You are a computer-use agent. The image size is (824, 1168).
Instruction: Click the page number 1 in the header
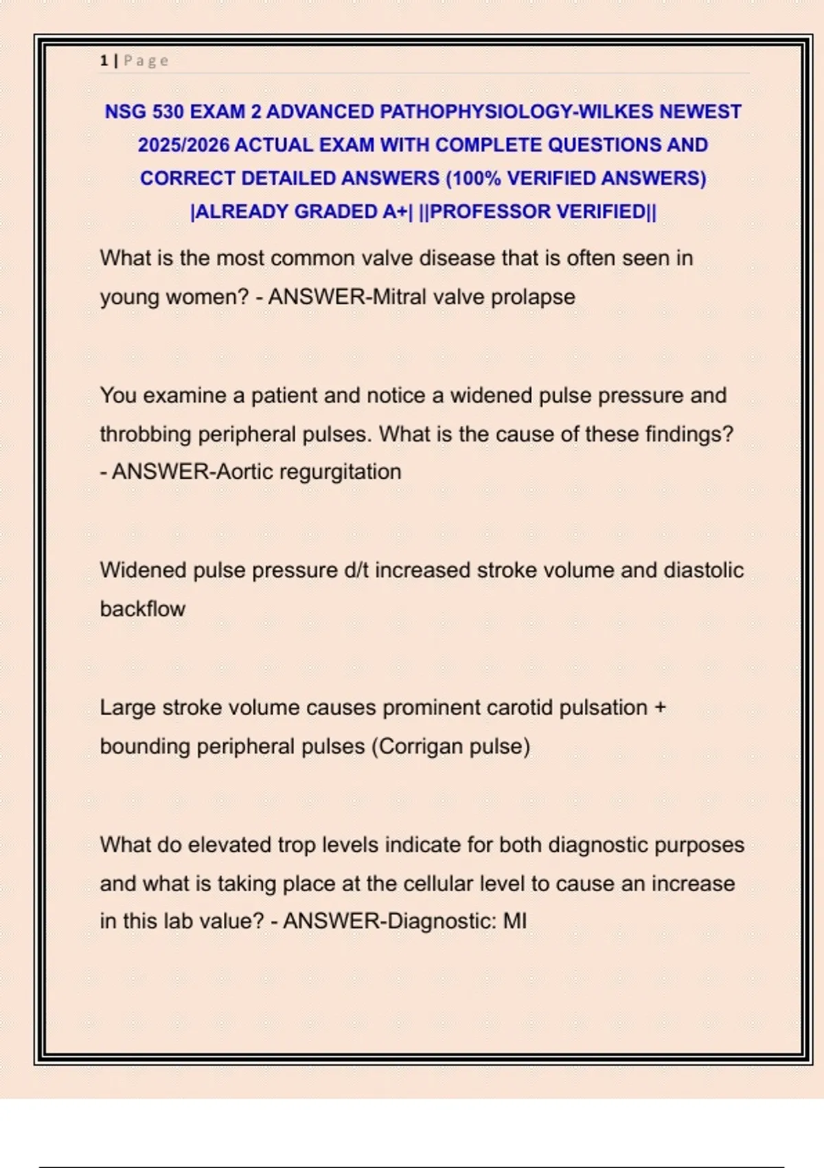104,61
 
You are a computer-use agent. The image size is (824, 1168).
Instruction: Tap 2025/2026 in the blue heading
183,146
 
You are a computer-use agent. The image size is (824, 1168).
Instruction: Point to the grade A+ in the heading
396,212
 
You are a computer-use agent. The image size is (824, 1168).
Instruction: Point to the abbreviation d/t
356,570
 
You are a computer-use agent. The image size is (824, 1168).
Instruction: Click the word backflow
143,609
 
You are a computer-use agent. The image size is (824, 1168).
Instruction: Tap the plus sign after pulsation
661,708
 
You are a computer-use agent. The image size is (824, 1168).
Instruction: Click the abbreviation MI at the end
515,921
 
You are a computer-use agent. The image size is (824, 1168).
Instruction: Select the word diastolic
703,570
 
